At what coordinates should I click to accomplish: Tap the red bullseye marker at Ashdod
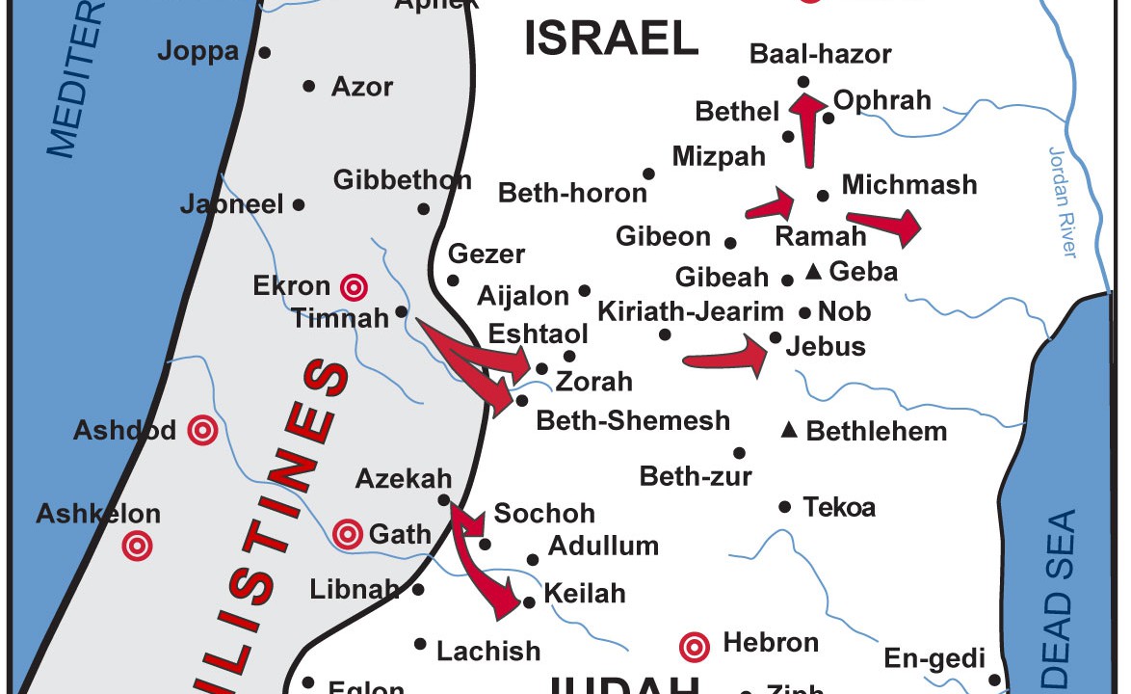(202, 430)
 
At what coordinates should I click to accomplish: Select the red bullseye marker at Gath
(347, 533)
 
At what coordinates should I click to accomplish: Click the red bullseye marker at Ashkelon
(138, 547)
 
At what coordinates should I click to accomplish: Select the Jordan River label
(1061, 202)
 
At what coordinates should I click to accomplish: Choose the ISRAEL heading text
(611, 39)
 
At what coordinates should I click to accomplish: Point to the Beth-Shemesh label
(633, 421)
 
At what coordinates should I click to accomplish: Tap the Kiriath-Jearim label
(691, 311)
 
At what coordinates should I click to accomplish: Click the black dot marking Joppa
(265, 52)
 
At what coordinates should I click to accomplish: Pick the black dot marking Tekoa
(784, 507)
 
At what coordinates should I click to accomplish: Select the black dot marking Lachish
(420, 644)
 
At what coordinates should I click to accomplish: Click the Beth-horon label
(572, 194)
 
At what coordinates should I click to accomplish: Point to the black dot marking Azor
(309, 86)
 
